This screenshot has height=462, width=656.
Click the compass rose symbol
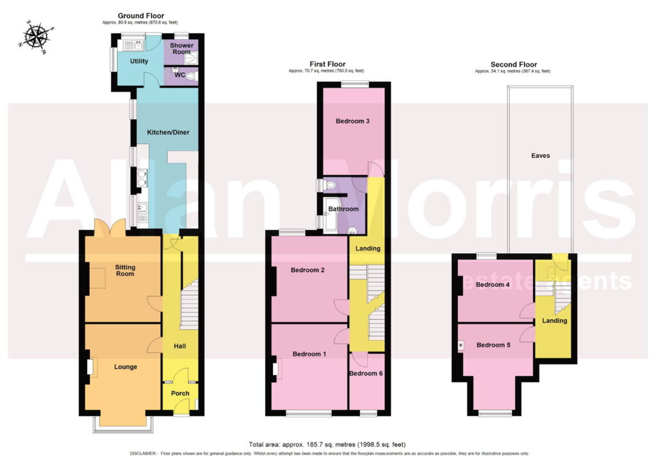click(36, 37)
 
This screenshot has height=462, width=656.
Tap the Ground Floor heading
click(141, 16)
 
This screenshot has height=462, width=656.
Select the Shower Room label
click(181, 49)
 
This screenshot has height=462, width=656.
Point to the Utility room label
click(139, 61)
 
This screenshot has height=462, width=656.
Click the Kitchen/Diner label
click(168, 132)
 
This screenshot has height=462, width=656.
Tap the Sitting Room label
click(125, 270)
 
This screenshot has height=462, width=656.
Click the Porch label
click(180, 393)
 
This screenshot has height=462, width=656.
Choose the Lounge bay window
click(124, 424)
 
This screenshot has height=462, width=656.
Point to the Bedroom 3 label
click(353, 121)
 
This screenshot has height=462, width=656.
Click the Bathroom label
click(343, 209)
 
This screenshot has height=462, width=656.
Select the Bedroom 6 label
click(366, 374)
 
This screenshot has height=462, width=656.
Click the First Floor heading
click(327, 64)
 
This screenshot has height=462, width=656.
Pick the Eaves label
click(541, 156)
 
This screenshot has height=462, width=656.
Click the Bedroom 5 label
click(494, 345)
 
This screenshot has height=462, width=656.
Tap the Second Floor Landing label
click(555, 321)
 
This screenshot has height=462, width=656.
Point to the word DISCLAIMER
click(143, 454)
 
